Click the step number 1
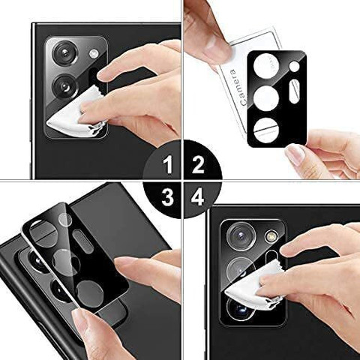coord(168,165)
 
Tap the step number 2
coord(198,165)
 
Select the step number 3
coord(167,197)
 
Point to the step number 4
coord(198,197)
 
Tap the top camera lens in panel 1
coord(65,53)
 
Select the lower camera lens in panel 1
coord(65,86)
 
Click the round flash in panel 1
coord(94,53)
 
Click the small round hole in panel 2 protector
coord(294,67)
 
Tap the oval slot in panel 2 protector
coord(295,91)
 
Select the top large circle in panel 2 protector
coord(266,65)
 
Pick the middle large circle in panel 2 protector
coord(266,98)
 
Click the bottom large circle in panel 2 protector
coord(266,130)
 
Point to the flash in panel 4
coord(271,236)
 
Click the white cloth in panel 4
coord(255,283)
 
